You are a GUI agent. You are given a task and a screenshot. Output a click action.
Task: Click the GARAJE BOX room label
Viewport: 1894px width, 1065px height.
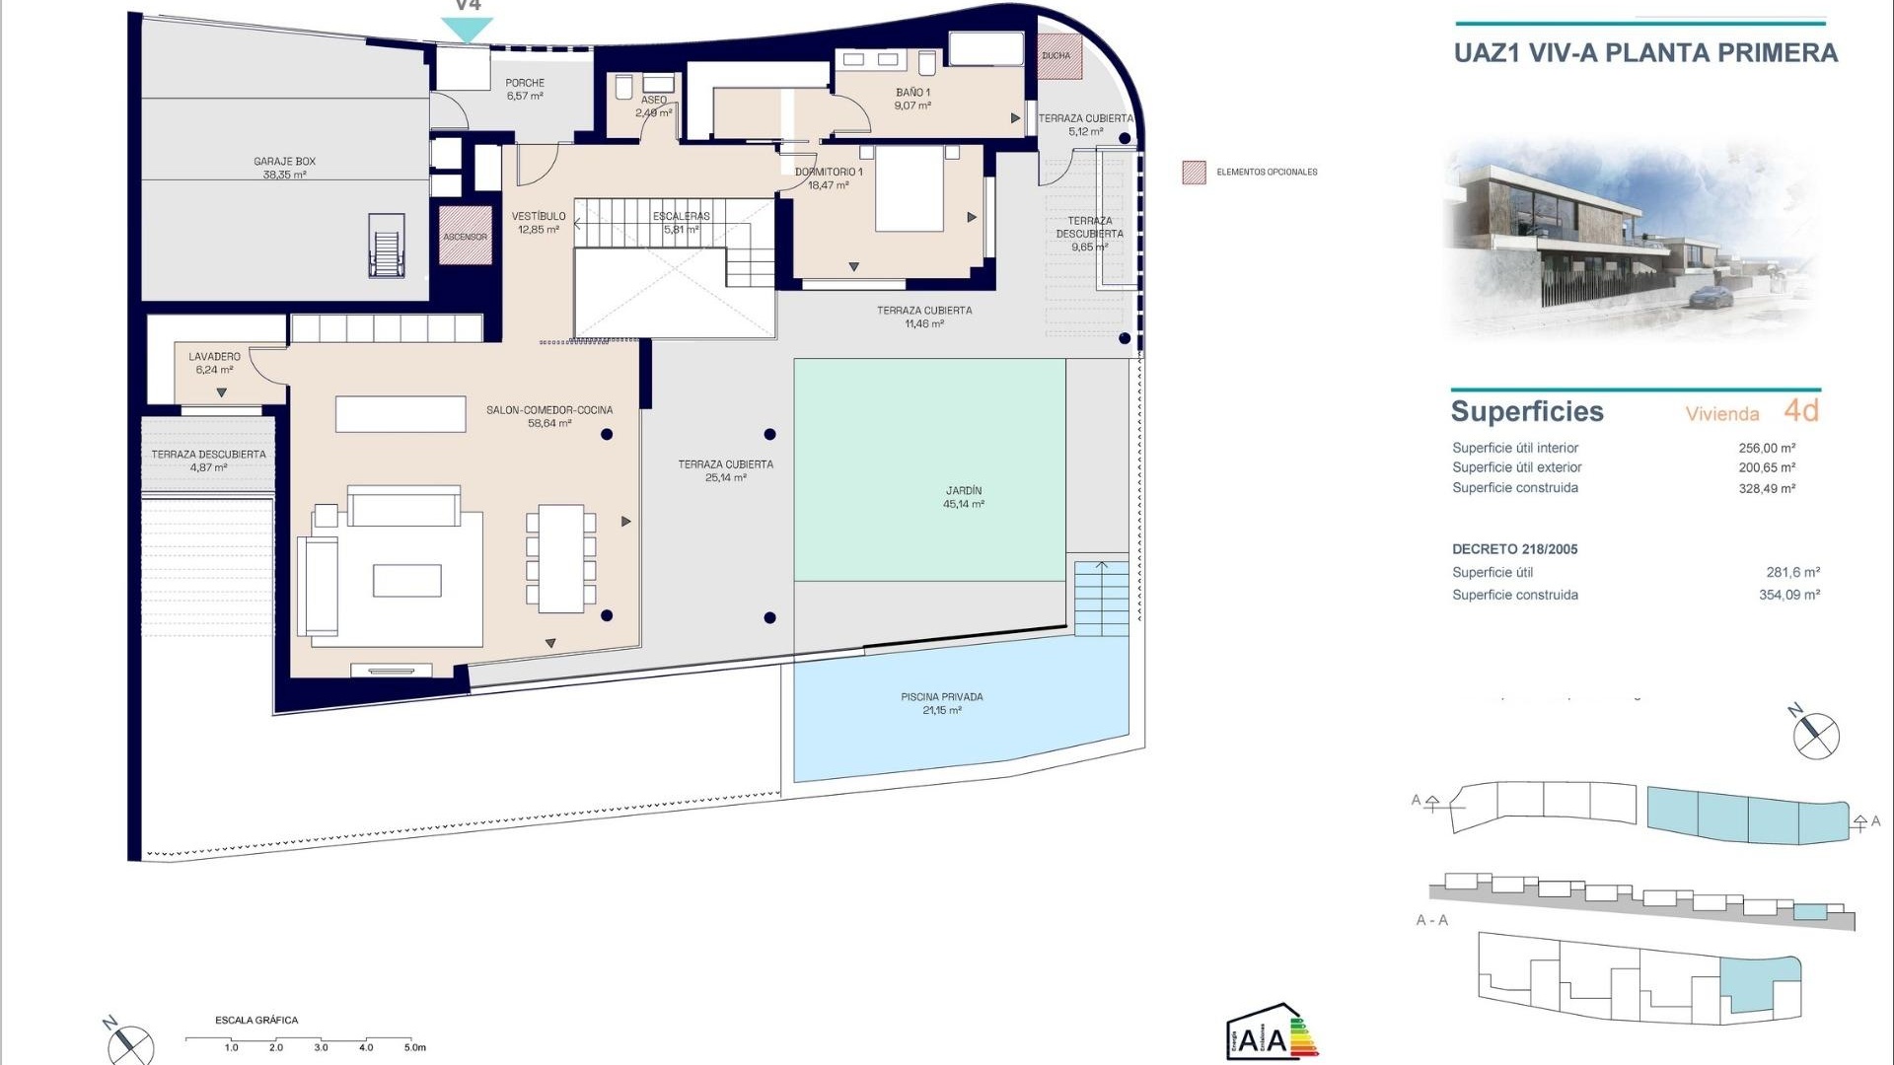point(284,168)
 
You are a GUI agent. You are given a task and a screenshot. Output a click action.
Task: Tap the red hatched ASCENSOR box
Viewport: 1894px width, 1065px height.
point(465,236)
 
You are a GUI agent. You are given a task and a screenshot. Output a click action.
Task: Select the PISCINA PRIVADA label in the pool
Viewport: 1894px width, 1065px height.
point(941,703)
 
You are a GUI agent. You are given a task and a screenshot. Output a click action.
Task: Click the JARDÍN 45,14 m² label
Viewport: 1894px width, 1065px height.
point(963,497)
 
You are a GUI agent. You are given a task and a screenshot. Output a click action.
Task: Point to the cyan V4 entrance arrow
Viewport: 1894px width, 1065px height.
point(467,30)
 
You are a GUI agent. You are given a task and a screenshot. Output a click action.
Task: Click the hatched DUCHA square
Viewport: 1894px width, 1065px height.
point(1059,56)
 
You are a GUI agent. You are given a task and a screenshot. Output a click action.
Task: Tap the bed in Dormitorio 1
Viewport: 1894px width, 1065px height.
point(909,190)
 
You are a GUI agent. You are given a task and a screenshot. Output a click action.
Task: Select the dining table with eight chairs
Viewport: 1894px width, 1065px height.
point(560,558)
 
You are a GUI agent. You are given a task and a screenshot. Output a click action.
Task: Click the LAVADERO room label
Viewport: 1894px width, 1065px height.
point(214,363)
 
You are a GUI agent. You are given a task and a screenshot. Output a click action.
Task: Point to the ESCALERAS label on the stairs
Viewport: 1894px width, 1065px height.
point(681,222)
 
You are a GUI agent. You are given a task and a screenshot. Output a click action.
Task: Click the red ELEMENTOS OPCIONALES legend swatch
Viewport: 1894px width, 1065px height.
point(1194,173)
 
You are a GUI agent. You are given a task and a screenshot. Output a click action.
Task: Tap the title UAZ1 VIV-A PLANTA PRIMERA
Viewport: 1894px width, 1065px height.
point(1645,53)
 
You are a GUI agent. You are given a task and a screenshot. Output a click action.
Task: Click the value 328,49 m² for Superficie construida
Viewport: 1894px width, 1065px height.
point(1766,488)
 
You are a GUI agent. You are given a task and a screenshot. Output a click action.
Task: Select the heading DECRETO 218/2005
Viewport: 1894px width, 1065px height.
point(1514,549)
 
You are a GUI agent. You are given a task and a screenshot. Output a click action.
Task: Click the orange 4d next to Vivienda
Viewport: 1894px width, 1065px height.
point(1800,410)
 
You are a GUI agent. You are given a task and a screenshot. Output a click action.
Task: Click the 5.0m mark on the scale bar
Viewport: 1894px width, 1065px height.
point(414,1047)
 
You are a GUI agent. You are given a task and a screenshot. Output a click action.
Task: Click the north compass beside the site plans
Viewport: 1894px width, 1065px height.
point(1814,735)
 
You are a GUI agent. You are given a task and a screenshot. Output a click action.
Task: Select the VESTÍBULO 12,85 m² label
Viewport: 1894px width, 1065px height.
point(539,223)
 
